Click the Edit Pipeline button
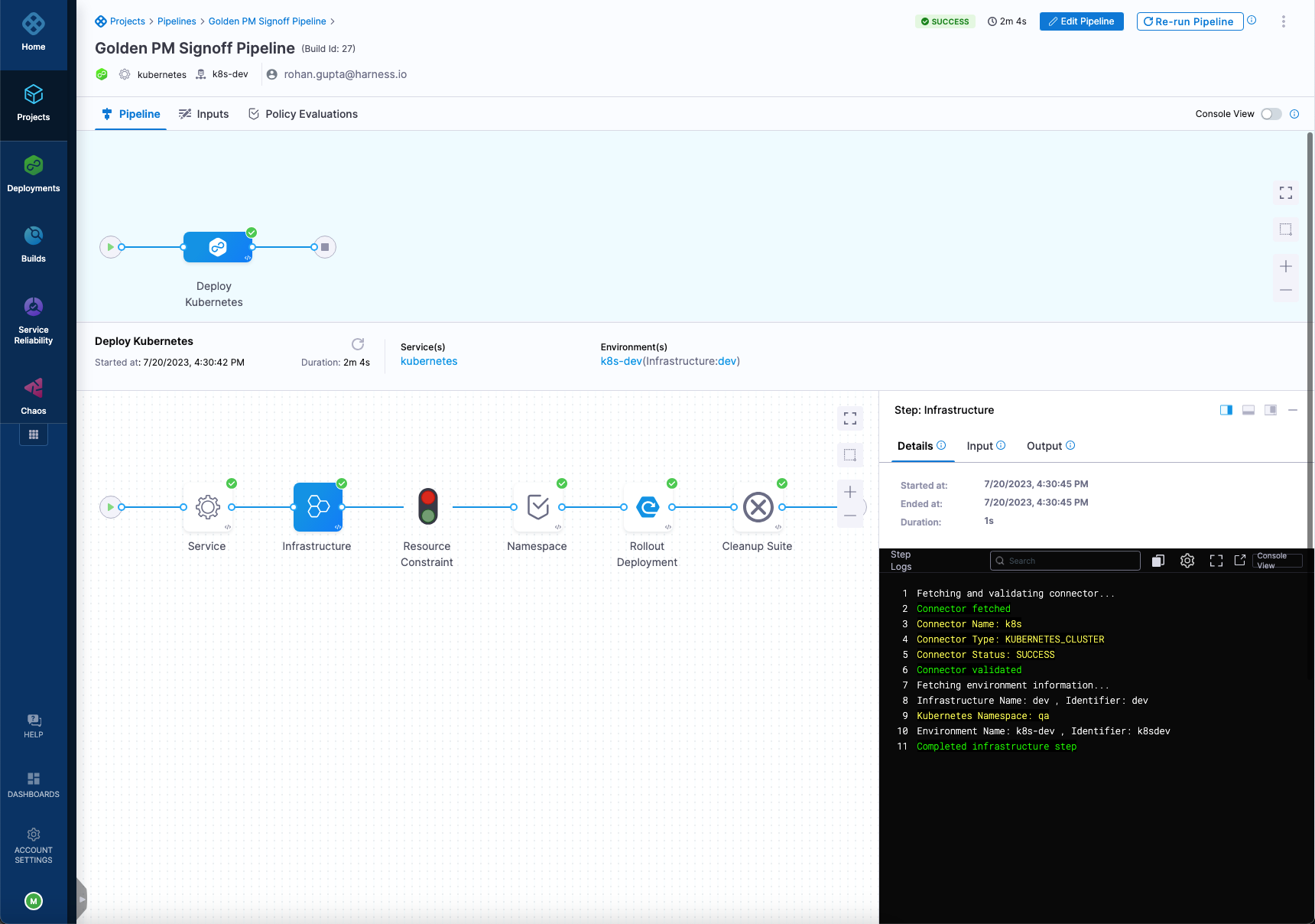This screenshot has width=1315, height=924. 1081,21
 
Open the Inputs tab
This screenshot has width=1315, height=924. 204,114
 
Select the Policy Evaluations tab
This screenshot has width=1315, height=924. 304,114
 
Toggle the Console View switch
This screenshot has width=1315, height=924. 1271,114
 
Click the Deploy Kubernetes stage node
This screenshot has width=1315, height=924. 218,247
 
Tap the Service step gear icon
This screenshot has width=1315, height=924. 208,507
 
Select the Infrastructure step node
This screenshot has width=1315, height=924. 318,507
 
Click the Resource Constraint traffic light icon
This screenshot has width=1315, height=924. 428,507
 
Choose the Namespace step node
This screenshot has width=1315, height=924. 538,507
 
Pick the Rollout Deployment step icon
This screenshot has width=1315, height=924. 648,507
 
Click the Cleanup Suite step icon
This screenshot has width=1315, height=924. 758,507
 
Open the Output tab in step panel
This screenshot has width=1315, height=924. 1044,446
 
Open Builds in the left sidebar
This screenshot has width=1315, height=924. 34,244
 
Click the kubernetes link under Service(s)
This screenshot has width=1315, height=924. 429,361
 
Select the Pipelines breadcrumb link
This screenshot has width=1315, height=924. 177,21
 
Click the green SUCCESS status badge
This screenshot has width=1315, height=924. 945,21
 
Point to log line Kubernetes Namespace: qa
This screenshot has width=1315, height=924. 982,716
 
